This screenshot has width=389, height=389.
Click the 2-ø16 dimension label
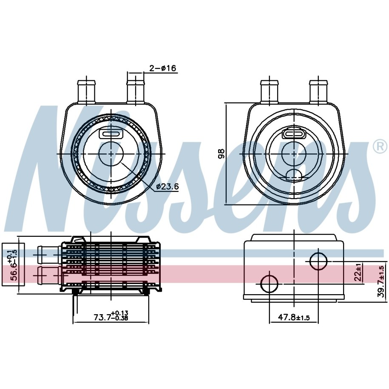[x=163, y=68]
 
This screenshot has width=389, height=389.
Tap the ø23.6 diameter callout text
[x=168, y=186]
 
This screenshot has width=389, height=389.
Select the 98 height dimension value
[x=221, y=153]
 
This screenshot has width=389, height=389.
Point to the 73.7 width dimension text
[x=111, y=315]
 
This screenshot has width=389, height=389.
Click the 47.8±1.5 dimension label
[x=294, y=317]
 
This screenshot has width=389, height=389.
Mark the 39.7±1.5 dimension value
[x=381, y=281]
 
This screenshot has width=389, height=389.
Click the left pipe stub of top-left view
[x=87, y=91]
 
